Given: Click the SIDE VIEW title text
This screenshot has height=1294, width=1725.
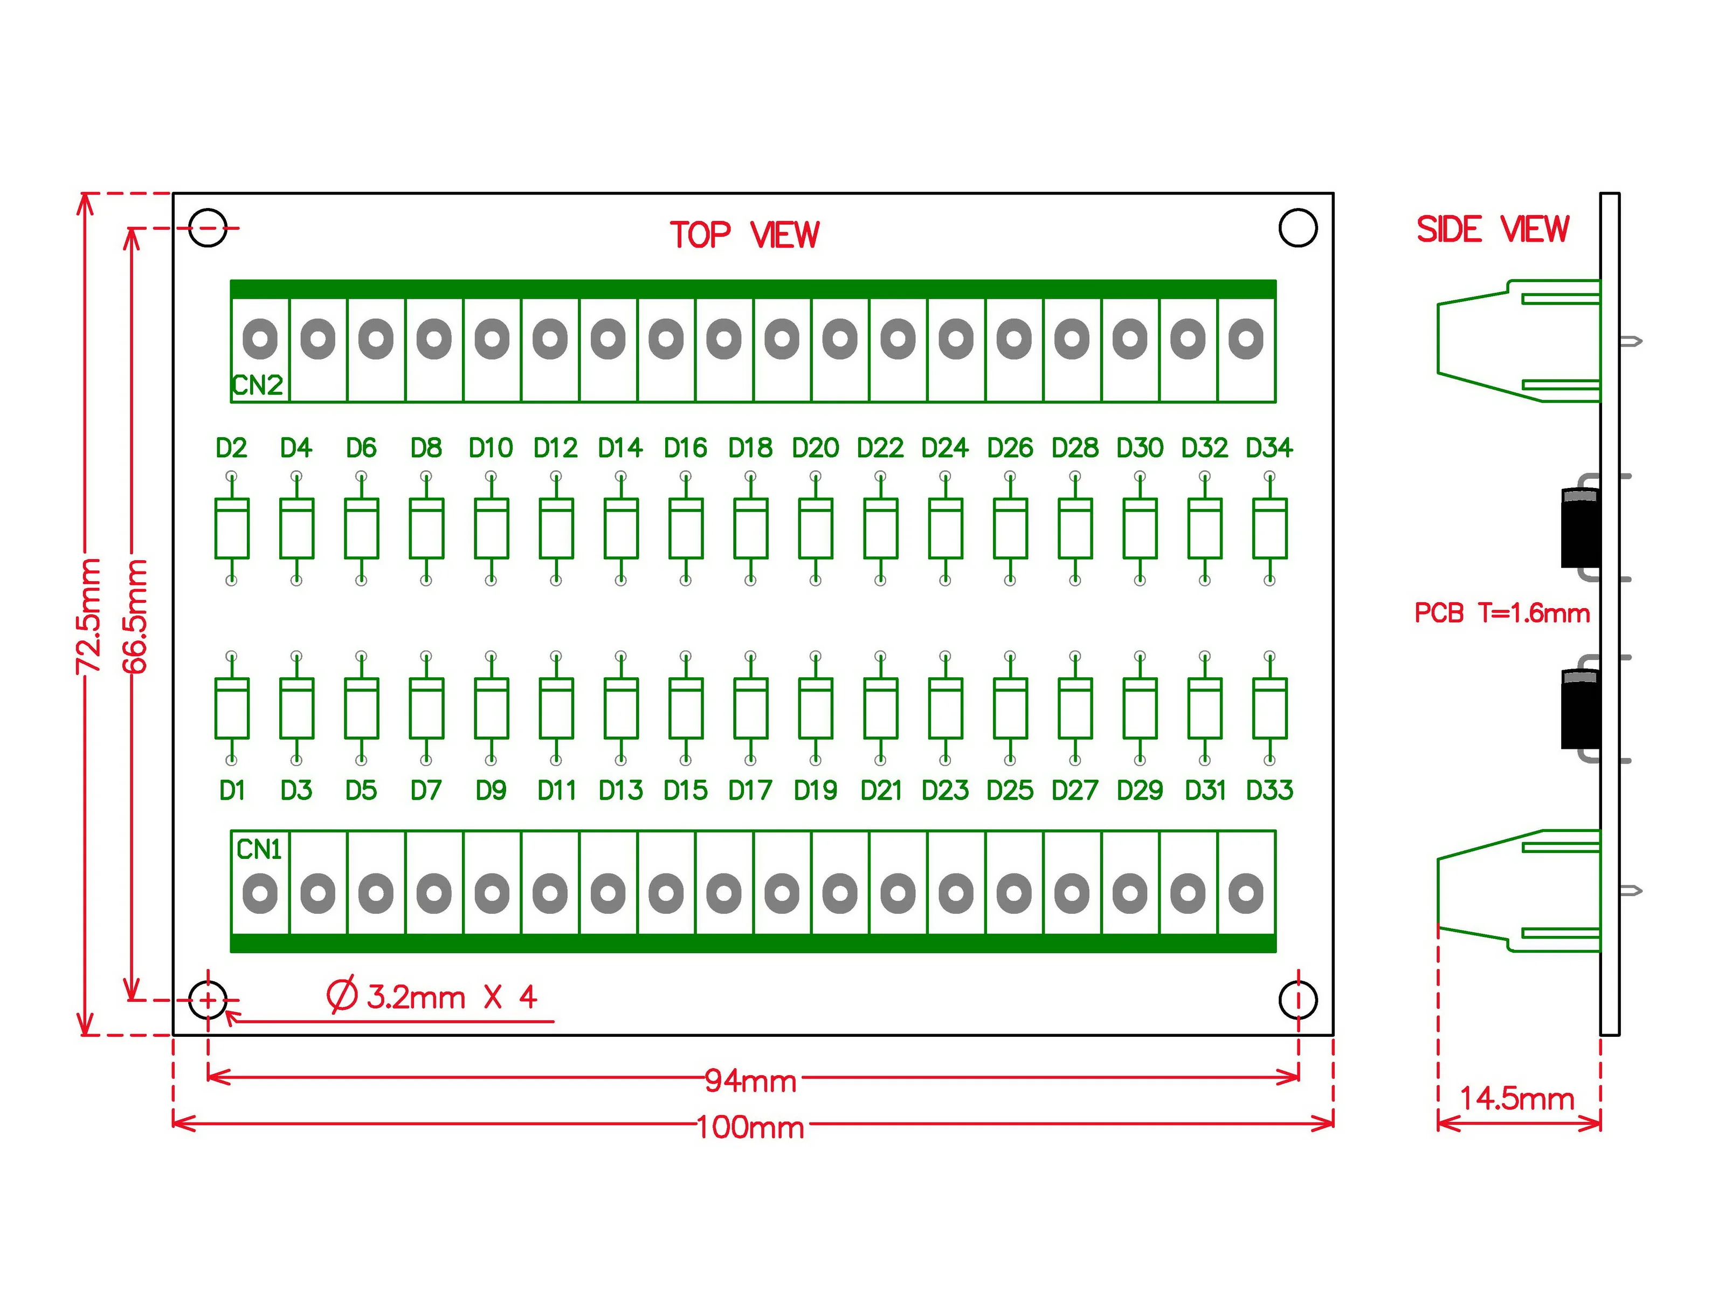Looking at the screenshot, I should pos(1492,229).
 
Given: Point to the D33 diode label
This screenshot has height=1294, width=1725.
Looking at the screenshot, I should pos(1269,790).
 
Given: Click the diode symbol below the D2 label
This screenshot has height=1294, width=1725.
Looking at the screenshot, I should pos(232,528).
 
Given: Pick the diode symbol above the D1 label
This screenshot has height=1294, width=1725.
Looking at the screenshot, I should pos(232,707).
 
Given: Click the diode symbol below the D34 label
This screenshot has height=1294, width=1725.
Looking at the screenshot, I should pos(1269,528).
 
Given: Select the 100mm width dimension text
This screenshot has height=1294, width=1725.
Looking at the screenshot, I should pos(750,1127).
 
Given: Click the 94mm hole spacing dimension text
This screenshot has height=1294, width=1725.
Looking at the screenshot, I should pos(750,1081).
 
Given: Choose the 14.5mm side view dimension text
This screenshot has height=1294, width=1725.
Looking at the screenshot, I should pos(1517,1098).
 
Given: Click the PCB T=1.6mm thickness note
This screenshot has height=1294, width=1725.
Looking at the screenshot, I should pos(1502,613).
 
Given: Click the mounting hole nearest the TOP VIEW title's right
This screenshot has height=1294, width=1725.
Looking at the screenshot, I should pos(1299,228).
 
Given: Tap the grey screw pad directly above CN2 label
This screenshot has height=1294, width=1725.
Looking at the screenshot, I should pos(260,339).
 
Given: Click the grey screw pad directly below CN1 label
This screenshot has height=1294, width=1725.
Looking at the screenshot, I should pos(260,894).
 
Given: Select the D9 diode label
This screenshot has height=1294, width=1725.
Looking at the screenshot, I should pos(491,790).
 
